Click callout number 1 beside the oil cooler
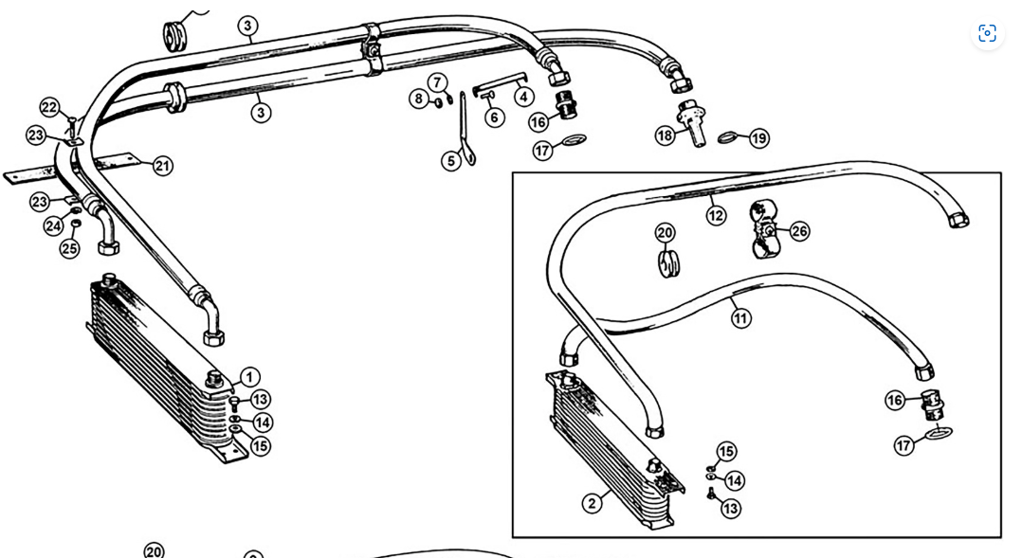[248, 377]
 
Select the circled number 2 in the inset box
[592, 502]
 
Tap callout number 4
[524, 96]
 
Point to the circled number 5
[450, 160]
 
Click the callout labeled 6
[494, 117]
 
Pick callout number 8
[418, 99]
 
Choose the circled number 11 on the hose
[740, 318]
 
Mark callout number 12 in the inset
[716, 215]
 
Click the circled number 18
[666, 135]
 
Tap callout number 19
[758, 138]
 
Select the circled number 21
[163, 166]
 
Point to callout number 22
[49, 108]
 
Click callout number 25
[70, 248]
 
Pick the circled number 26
[799, 230]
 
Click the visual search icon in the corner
[987, 33]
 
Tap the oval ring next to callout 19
[728, 137]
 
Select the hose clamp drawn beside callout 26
[764, 229]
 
